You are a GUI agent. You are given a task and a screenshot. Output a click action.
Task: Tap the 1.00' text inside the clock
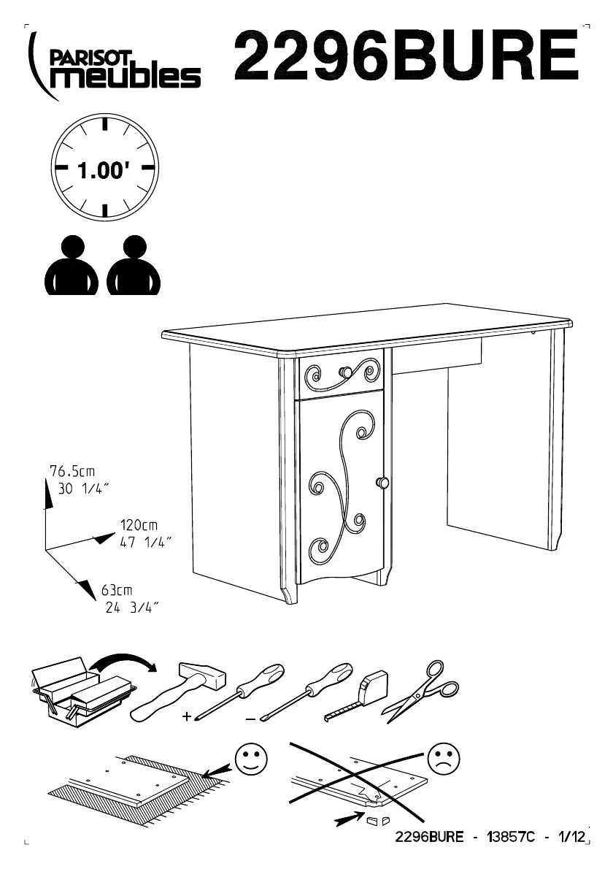click(x=104, y=172)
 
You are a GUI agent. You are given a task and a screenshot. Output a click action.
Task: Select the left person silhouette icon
click(x=72, y=266)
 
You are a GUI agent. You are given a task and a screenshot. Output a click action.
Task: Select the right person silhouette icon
click(x=134, y=266)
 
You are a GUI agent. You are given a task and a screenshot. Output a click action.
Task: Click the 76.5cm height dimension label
click(x=72, y=471)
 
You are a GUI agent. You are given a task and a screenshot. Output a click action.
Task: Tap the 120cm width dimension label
click(x=139, y=525)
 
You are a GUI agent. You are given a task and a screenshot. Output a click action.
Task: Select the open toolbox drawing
click(x=80, y=690)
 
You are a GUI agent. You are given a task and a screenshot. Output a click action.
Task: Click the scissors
click(x=424, y=689)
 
